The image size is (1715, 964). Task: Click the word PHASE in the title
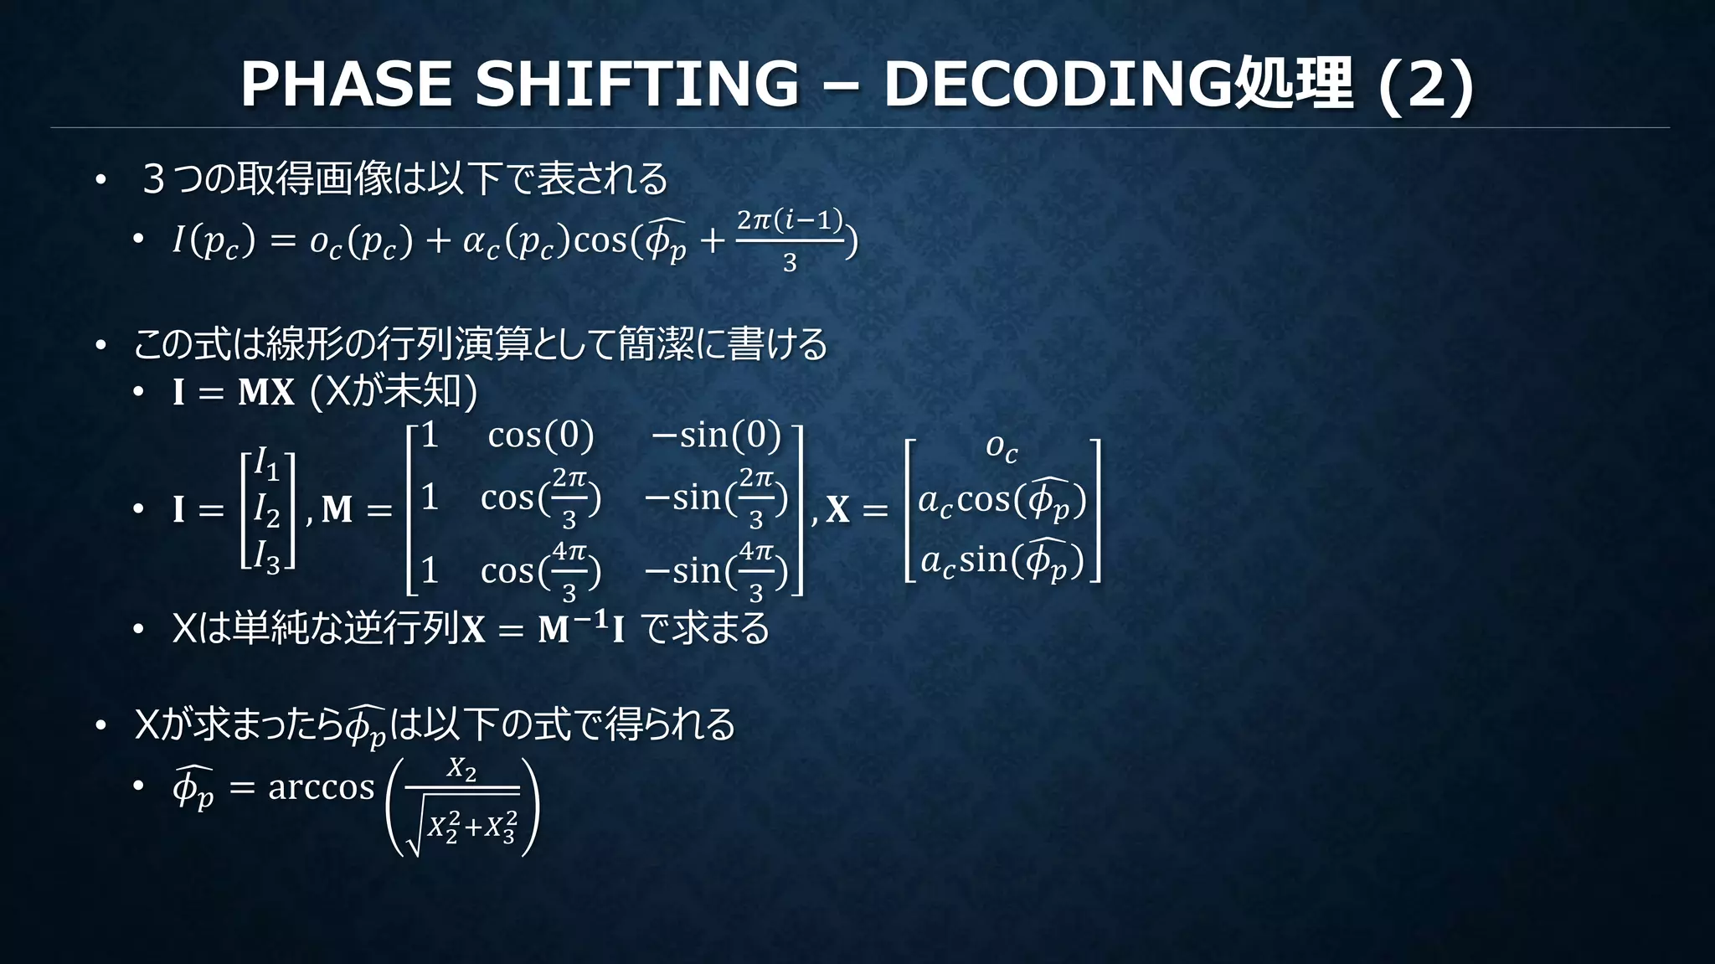click(x=347, y=84)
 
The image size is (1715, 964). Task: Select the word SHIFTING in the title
click(x=637, y=84)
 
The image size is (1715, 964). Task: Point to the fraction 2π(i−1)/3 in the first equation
click(x=789, y=240)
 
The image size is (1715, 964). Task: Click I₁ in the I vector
click(x=266, y=463)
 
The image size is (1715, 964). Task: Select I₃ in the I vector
click(x=266, y=557)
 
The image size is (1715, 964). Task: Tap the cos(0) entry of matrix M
click(x=541, y=436)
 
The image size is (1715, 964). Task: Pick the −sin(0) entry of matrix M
click(x=716, y=436)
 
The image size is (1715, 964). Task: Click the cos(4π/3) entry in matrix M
click(x=541, y=571)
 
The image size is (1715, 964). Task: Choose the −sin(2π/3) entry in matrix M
click(x=716, y=498)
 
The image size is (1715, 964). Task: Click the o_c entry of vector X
click(x=1002, y=447)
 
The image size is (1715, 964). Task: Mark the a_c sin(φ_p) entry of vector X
click(x=1002, y=560)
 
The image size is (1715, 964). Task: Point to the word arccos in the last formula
click(x=321, y=787)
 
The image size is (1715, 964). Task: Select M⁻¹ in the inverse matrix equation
click(x=571, y=627)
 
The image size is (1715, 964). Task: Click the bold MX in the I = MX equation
click(x=266, y=392)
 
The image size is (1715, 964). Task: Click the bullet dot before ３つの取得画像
click(x=100, y=179)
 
